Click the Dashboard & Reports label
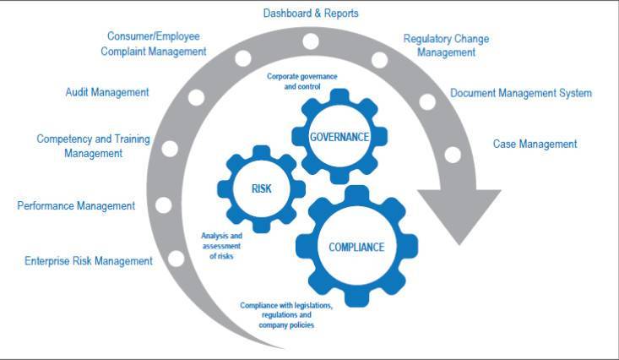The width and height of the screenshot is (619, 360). coord(311,14)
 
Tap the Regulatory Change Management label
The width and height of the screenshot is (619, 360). coord(446,46)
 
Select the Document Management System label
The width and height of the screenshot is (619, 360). coord(521,93)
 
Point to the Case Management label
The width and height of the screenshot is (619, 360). coord(535,144)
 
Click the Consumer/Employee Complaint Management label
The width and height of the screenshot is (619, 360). coord(154,43)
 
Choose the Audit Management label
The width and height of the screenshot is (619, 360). coord(107,92)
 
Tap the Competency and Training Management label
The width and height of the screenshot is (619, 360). coord(93,146)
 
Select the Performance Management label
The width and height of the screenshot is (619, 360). coord(76,206)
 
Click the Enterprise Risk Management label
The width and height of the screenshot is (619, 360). coord(89,261)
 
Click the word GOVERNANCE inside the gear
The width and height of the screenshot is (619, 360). coord(339,137)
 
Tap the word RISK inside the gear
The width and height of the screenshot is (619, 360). coord(261,189)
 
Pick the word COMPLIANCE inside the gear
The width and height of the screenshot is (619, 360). coord(356,248)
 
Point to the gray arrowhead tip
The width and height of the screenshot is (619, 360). coord(459,245)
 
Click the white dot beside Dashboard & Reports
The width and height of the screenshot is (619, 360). coord(311,41)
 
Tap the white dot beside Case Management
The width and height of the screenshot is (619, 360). coord(453,155)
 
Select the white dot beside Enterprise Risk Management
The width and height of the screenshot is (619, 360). coord(176,259)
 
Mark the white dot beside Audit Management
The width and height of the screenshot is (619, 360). coord(196,98)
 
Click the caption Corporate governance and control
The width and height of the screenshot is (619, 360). coord(302,81)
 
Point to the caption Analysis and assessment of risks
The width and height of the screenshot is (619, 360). coord(221,246)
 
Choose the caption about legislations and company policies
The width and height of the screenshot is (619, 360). coord(286,315)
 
